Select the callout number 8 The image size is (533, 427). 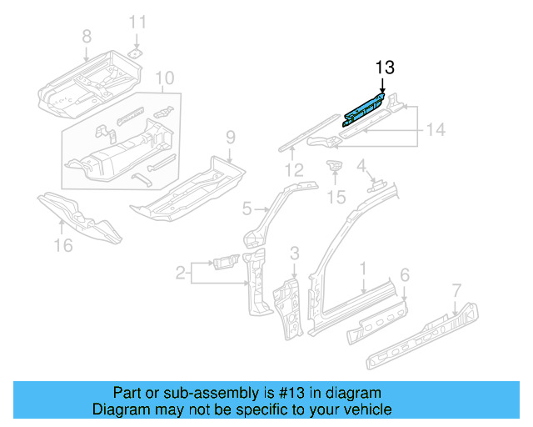coord(86,36)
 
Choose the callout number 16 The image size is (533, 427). coord(63,244)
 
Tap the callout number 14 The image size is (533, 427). coord(436,129)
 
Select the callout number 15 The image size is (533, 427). coord(335,197)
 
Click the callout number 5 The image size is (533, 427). coord(247,208)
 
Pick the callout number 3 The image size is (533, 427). coord(294,253)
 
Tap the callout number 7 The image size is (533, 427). coord(456,290)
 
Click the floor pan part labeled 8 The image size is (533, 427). coord(83,83)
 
